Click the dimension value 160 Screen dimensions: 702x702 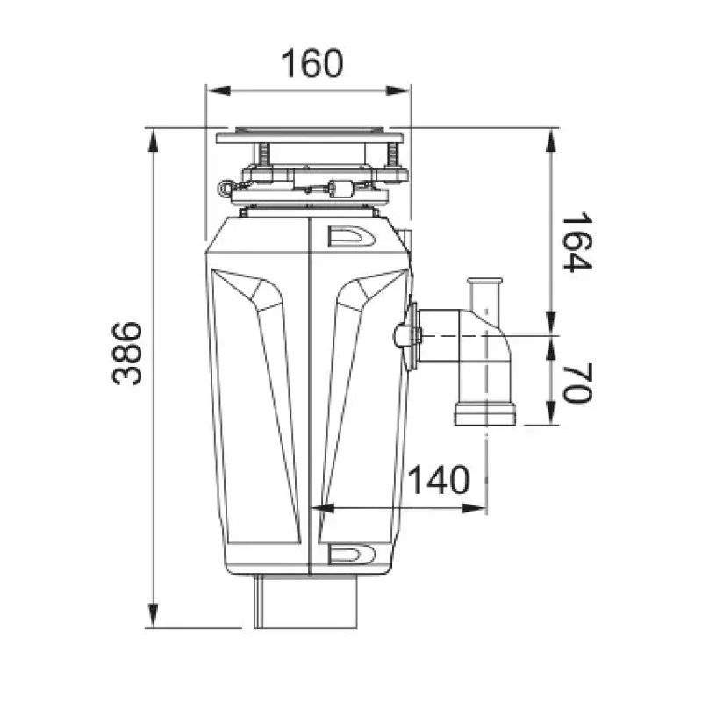(312, 63)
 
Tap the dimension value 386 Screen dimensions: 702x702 (127, 353)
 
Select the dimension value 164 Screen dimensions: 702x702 (577, 242)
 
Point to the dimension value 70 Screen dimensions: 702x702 (577, 383)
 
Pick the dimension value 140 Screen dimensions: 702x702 (440, 480)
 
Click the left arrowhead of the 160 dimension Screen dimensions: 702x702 (218, 91)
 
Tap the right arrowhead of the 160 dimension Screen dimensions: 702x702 (398, 91)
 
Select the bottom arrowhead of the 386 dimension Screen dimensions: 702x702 (153, 616)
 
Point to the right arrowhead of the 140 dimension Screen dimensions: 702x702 (474, 508)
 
